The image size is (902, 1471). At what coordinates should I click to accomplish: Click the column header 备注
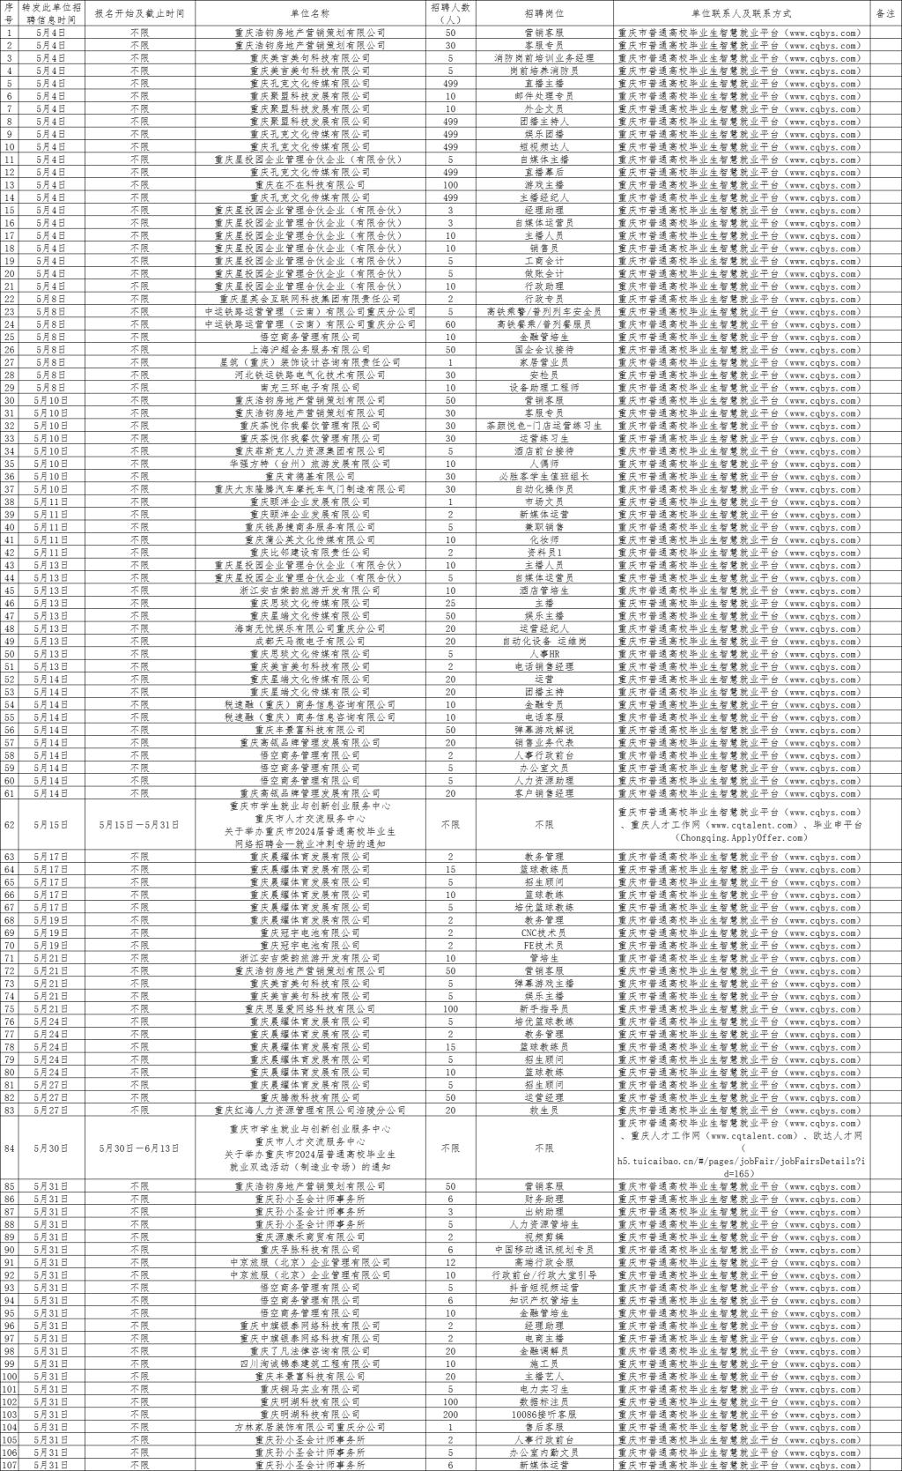pyautogui.click(x=885, y=14)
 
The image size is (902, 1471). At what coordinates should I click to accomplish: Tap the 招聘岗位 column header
pyautogui.click(x=544, y=14)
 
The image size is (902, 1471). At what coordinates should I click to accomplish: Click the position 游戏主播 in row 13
pyautogui.click(x=544, y=185)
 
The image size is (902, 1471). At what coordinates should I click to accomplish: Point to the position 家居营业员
pyautogui.click(x=544, y=362)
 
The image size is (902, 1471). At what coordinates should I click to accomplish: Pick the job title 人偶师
pyautogui.click(x=544, y=464)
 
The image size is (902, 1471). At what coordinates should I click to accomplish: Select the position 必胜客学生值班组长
pyautogui.click(x=544, y=477)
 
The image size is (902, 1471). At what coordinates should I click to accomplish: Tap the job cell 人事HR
pyautogui.click(x=544, y=654)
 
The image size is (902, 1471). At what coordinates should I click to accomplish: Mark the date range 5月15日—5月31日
pyautogui.click(x=139, y=825)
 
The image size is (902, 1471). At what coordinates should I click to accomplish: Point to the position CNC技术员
pyautogui.click(x=544, y=932)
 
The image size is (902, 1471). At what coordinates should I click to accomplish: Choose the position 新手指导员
pyautogui.click(x=544, y=1008)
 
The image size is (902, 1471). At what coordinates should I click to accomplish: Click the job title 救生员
pyautogui.click(x=544, y=1110)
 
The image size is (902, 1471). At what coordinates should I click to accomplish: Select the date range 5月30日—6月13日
pyautogui.click(x=139, y=1148)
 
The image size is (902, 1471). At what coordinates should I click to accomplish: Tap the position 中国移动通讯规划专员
pyautogui.click(x=544, y=1250)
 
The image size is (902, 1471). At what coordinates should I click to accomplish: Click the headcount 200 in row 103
pyautogui.click(x=450, y=1414)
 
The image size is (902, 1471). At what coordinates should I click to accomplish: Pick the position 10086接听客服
pyautogui.click(x=544, y=1414)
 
